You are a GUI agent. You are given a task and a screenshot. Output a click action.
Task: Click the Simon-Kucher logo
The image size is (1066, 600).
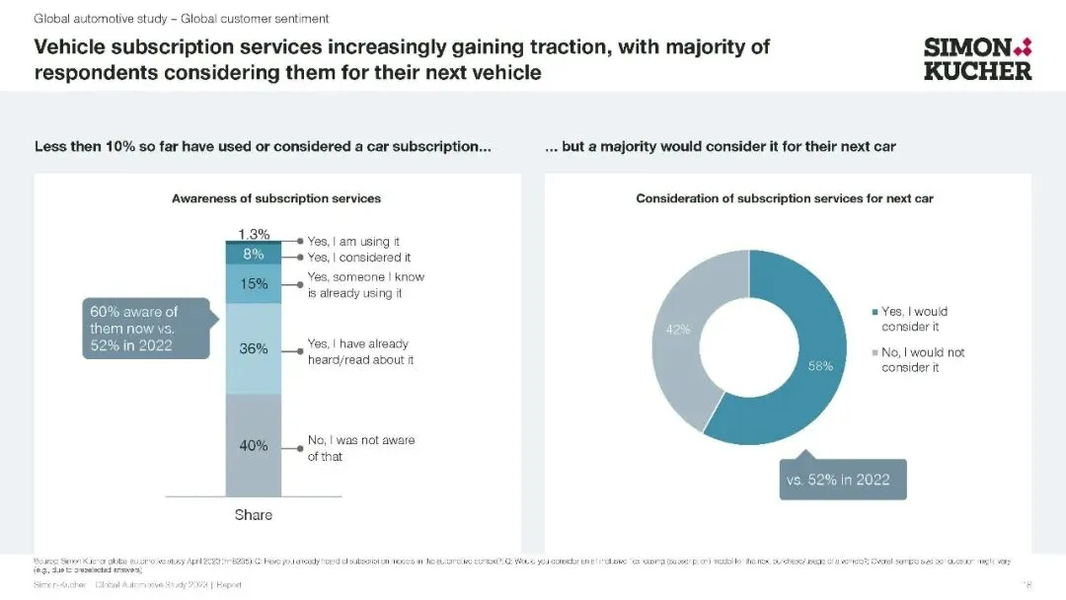[x=976, y=58]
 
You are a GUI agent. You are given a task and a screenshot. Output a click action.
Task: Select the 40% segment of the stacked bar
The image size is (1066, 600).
[x=254, y=446]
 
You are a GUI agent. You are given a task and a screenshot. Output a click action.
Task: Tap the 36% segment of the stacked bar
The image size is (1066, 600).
[x=254, y=348]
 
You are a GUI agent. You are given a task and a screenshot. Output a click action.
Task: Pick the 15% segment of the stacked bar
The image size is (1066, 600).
[x=254, y=284]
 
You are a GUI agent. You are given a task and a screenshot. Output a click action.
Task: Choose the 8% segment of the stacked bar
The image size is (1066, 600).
[x=254, y=255]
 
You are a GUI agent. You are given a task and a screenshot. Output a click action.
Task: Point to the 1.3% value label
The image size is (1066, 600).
[x=254, y=234]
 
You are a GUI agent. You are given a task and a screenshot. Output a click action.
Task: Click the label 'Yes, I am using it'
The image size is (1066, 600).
[x=353, y=242]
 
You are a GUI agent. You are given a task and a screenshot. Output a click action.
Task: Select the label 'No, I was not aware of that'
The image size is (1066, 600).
[x=360, y=448]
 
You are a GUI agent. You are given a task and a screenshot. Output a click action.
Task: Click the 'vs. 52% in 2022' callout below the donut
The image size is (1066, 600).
[x=842, y=480]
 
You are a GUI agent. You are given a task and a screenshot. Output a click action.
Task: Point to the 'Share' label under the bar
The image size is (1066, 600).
[x=254, y=515]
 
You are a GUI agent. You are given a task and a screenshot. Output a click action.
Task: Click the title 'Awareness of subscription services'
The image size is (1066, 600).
[x=276, y=198]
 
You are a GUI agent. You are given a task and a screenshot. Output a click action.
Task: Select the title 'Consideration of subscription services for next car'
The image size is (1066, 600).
[x=785, y=198]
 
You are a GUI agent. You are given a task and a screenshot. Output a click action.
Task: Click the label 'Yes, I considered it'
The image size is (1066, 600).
[x=358, y=258]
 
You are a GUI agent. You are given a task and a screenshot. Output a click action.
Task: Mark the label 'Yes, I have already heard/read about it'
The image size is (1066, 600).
[x=360, y=351]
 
